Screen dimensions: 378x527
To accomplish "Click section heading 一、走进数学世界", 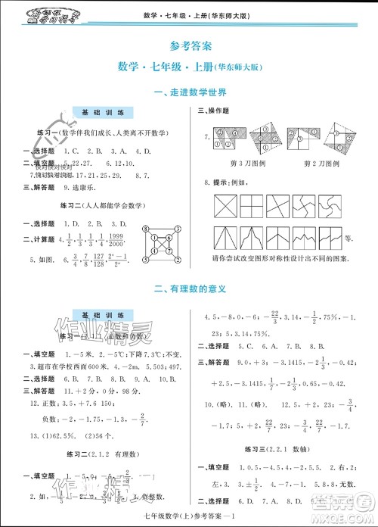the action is coord(189,93).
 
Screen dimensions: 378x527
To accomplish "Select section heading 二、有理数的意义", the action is coord(189,289).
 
